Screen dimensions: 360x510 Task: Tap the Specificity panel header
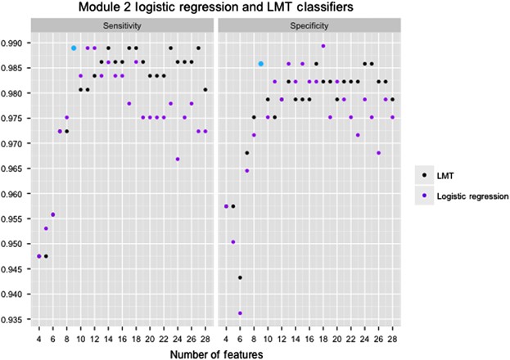(309, 26)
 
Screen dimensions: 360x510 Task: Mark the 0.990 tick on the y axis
(17, 43)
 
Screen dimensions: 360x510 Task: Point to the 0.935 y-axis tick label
(17, 319)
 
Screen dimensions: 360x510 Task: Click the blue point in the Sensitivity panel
(74, 47)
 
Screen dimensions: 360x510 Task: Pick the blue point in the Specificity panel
(261, 63)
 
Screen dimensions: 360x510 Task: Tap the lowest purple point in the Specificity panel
(240, 313)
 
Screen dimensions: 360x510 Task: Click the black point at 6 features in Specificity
(240, 277)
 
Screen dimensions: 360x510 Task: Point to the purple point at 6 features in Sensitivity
(52, 214)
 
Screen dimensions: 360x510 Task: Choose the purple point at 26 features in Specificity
(379, 153)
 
